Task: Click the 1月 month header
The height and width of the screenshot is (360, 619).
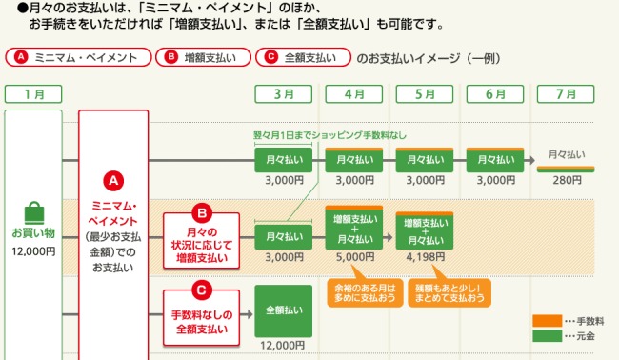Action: point(33,93)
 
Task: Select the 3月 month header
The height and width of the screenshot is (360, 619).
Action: point(284,93)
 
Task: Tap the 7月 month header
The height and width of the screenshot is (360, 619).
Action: point(567,93)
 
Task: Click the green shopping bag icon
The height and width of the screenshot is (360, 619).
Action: point(33,212)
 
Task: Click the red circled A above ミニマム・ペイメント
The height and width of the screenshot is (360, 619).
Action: point(113,179)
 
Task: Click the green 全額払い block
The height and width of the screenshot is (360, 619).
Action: point(284,310)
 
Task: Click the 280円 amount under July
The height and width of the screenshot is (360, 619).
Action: point(567,180)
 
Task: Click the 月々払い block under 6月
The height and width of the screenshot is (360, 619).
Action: point(495,158)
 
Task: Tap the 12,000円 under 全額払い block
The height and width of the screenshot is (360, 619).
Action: point(284,345)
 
